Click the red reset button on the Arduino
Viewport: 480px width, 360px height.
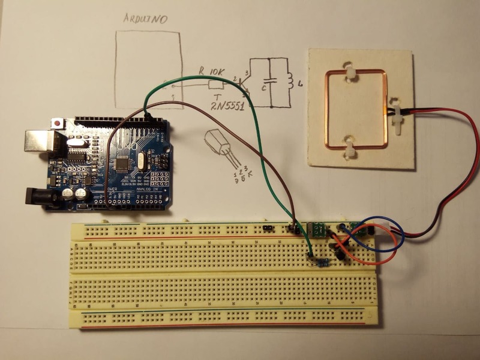point(58,123)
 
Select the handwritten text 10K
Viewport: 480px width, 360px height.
point(216,71)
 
